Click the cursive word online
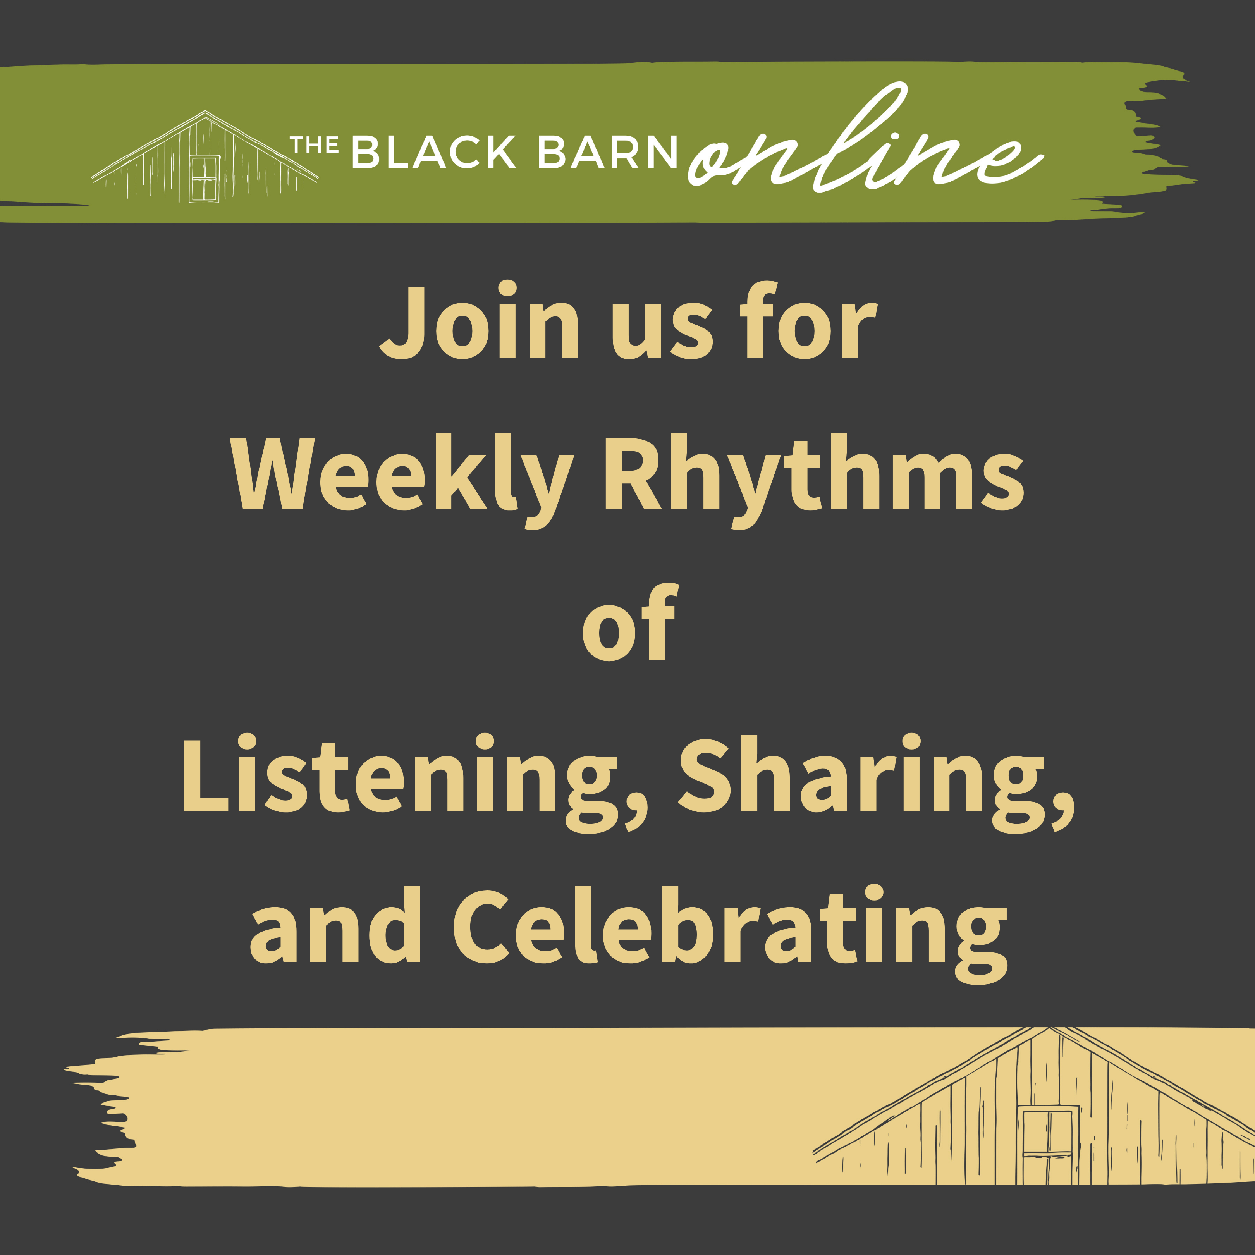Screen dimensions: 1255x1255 pyautogui.click(x=864, y=146)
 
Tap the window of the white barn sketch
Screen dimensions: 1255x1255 pyautogui.click(x=204, y=179)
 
